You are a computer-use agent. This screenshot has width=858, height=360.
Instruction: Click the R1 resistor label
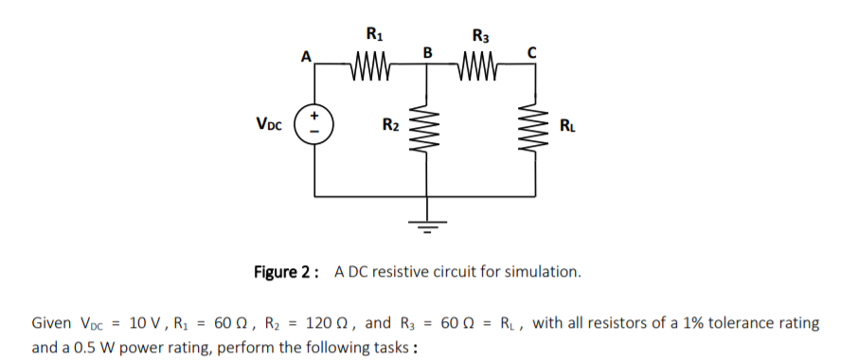(373, 36)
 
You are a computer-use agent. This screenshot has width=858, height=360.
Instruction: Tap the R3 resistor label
(480, 36)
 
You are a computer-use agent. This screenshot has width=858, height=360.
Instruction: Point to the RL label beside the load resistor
(566, 124)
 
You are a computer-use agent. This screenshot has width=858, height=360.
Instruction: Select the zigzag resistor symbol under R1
(372, 65)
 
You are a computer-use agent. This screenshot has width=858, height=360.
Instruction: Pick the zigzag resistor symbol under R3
(480, 65)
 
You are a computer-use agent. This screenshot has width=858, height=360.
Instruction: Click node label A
(305, 56)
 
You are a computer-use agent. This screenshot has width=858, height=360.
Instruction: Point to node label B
(427, 51)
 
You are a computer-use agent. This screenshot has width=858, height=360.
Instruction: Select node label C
(533, 53)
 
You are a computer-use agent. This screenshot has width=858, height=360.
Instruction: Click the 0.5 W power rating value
(86, 347)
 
